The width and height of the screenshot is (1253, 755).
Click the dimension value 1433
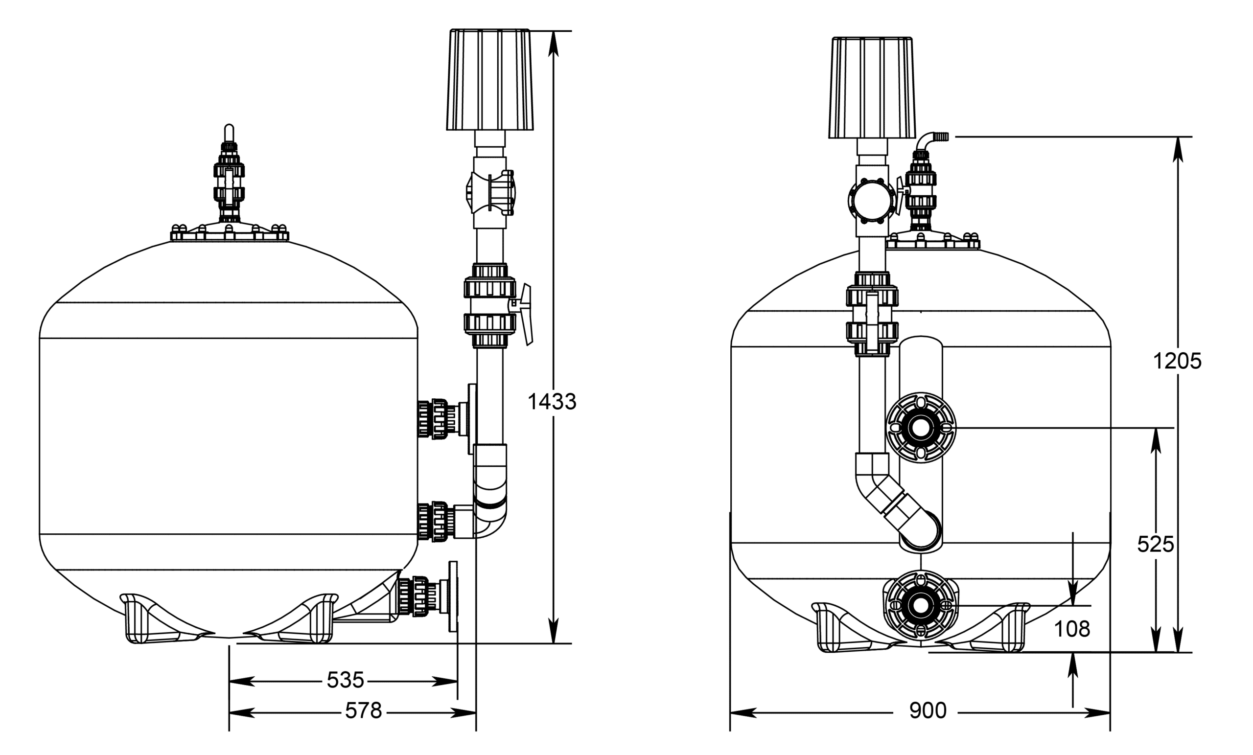(x=552, y=402)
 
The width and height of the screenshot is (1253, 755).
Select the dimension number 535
(x=345, y=680)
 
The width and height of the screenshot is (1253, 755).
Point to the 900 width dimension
(x=928, y=711)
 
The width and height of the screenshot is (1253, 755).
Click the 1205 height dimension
(x=1177, y=362)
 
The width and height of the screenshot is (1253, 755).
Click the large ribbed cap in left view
(x=490, y=80)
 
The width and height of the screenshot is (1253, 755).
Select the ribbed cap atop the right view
(x=872, y=88)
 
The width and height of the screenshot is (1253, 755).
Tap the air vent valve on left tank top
(x=229, y=178)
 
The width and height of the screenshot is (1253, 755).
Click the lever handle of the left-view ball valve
(x=526, y=315)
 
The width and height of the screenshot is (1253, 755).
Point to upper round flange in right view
(x=921, y=428)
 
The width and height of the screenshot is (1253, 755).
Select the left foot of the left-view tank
(x=153, y=620)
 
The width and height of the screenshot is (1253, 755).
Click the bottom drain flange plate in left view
(x=453, y=597)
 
